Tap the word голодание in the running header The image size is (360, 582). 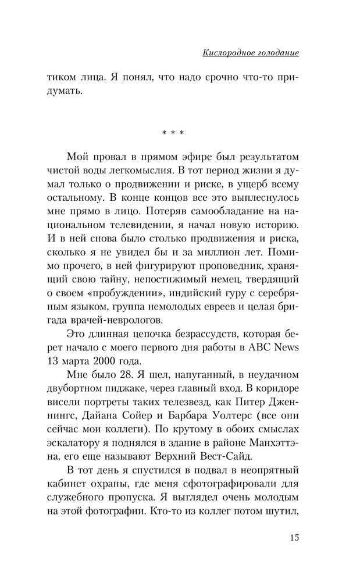click(276, 53)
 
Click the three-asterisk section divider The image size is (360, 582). click(173, 133)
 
